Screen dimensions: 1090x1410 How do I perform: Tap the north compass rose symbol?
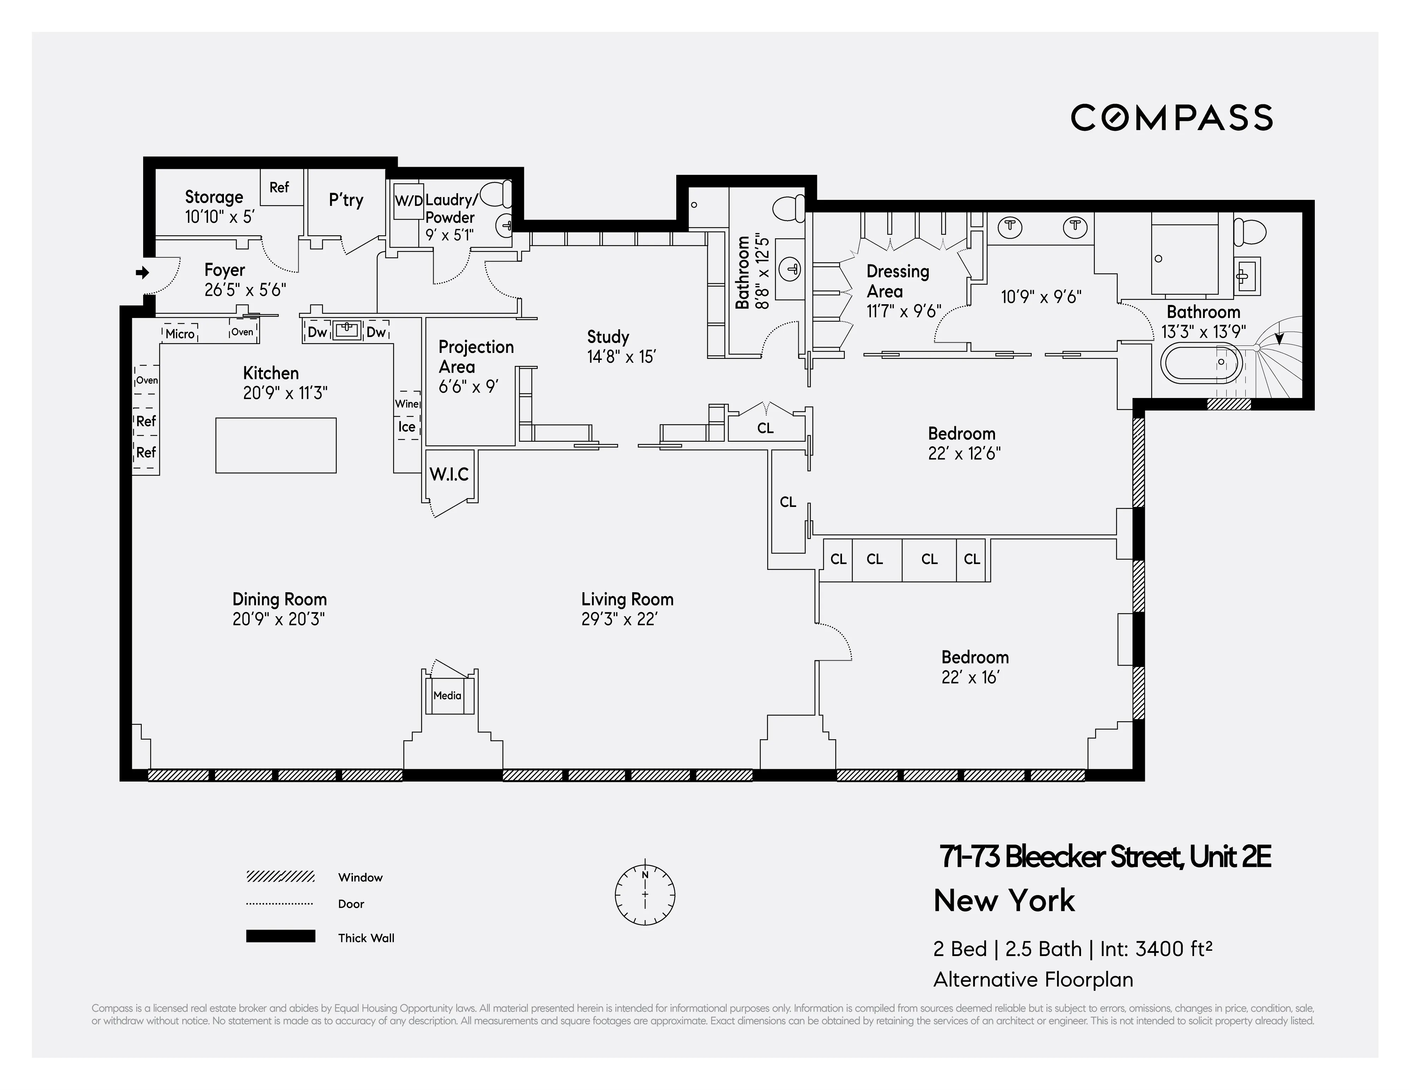pyautogui.click(x=645, y=894)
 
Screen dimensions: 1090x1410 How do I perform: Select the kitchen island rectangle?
pyautogui.click(x=276, y=445)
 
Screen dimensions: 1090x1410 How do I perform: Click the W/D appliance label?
pyautogui.click(x=408, y=201)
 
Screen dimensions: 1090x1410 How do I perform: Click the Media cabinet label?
pyautogui.click(x=447, y=696)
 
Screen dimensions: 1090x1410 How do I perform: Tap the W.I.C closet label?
pyautogui.click(x=449, y=474)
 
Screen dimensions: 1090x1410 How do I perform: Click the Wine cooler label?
pyautogui.click(x=407, y=404)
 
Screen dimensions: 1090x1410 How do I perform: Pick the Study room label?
pyautogui.click(x=608, y=337)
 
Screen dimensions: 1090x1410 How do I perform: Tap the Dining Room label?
pyautogui.click(x=280, y=600)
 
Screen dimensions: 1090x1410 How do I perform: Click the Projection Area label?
pyautogui.click(x=476, y=356)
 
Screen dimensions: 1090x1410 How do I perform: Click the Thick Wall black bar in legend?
pyautogui.click(x=280, y=936)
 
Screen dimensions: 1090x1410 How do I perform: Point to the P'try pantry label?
pyautogui.click(x=346, y=200)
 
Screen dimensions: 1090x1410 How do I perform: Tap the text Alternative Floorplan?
pyautogui.click(x=1033, y=980)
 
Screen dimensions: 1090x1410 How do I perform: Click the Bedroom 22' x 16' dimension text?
pyautogui.click(x=970, y=678)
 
